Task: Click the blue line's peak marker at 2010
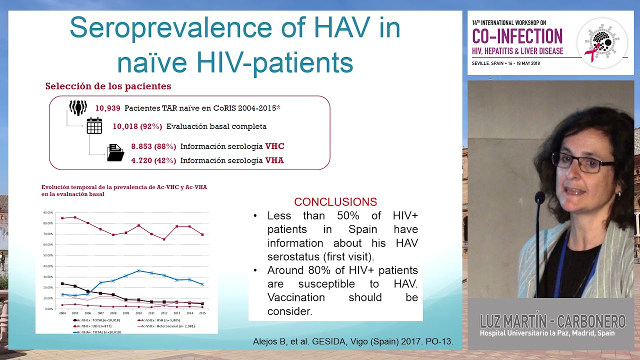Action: click(139, 270)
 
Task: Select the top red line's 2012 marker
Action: click(164, 239)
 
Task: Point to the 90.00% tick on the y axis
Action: click(48, 212)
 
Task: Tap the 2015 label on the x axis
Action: click(202, 313)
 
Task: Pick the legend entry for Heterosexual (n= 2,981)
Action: click(167, 325)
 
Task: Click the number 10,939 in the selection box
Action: click(107, 108)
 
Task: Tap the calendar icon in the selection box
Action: click(94, 125)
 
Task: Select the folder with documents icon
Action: click(115, 152)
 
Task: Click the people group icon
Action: click(78, 107)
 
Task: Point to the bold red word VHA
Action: click(274, 160)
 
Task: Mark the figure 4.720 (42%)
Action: click(153, 160)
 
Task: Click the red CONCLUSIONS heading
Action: click(335, 202)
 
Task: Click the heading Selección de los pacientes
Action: click(108, 86)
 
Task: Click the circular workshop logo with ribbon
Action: click(602, 42)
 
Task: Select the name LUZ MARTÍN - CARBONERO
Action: click(552, 321)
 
